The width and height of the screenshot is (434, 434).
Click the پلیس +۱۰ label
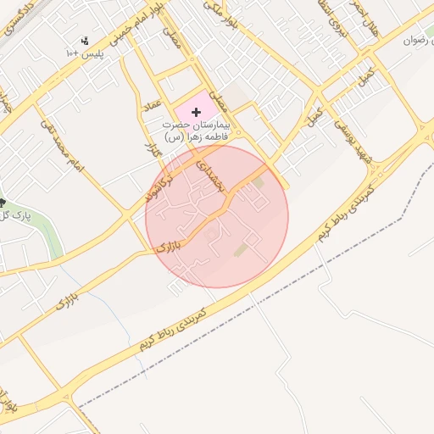(x=84, y=53)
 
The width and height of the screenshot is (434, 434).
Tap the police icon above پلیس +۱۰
(x=84, y=40)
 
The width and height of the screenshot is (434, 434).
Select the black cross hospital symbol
(x=197, y=112)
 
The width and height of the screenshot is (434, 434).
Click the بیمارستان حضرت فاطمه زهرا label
(x=201, y=131)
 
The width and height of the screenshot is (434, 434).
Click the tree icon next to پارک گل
(x=3, y=203)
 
